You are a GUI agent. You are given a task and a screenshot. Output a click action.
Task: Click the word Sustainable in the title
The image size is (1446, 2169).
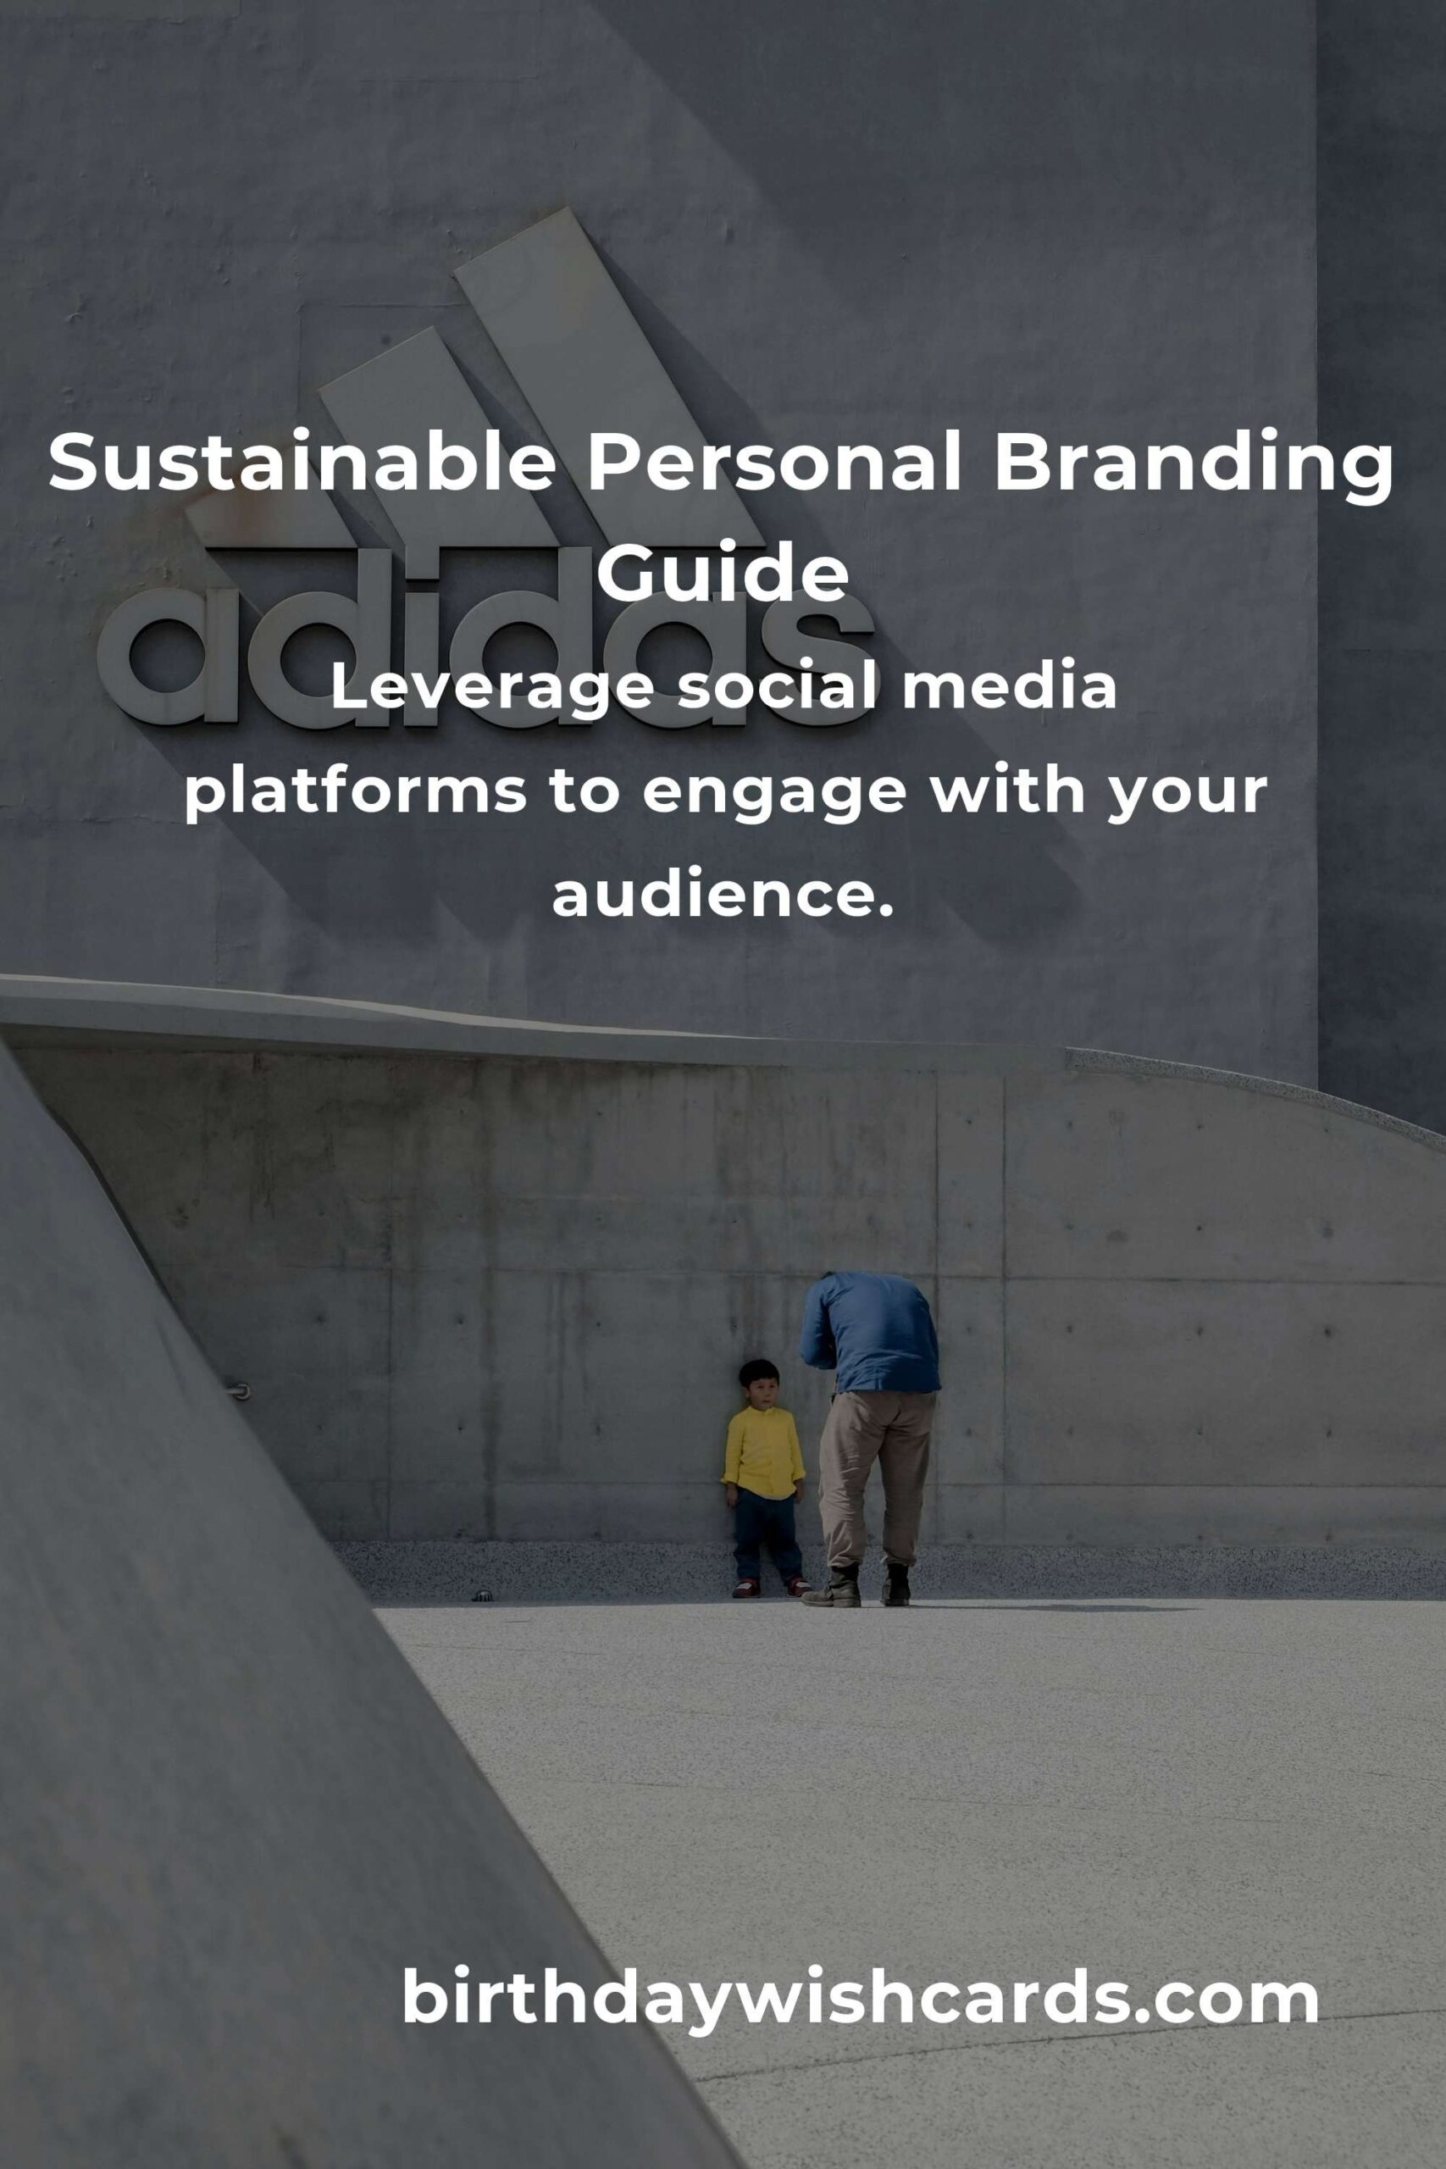pyautogui.click(x=302, y=461)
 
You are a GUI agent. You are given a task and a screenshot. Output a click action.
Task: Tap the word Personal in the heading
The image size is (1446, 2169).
pyautogui.click(x=774, y=461)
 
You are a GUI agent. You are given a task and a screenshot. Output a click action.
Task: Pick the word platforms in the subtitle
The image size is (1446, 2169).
pyautogui.click(x=355, y=792)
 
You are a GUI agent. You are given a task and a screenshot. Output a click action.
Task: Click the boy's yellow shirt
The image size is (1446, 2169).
pyautogui.click(x=762, y=1451)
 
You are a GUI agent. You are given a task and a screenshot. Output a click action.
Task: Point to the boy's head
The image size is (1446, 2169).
pyautogui.click(x=759, y=1383)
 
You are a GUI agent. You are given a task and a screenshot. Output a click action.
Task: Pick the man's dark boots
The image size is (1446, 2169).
pyautogui.click(x=857, y=1584)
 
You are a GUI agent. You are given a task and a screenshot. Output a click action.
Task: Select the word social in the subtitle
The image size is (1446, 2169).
pyautogui.click(x=777, y=687)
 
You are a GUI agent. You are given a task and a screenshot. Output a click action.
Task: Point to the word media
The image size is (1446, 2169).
pyautogui.click(x=1009, y=687)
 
